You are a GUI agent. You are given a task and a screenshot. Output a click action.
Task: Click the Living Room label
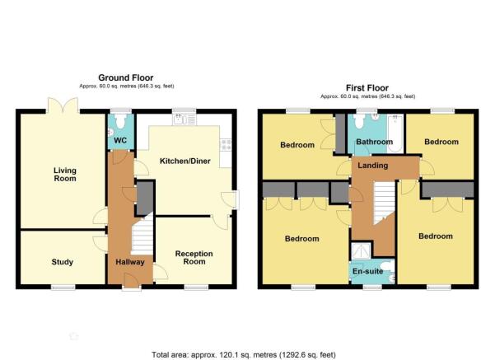coord(65,175)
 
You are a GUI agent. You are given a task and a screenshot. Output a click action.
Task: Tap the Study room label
coord(63,262)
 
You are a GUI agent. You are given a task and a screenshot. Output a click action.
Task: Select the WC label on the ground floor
coord(120,140)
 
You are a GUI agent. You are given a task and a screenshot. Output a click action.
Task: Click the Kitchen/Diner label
coord(185,161)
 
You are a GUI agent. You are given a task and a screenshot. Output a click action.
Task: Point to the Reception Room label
coord(194,258)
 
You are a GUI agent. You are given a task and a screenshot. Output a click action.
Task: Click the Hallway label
coord(130,262)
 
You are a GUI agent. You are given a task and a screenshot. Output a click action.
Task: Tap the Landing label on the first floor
coord(373,166)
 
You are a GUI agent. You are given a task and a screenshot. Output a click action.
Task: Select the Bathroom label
coord(375,142)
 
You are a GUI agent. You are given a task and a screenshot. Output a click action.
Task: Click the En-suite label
coord(368,271)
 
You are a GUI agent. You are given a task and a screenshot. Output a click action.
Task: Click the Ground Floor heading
coord(126,77)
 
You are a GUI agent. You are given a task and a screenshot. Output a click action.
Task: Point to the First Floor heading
coord(367,88)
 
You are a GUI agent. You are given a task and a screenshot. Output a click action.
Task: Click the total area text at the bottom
coord(244,355)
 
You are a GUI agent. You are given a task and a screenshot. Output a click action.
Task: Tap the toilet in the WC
coord(120,121)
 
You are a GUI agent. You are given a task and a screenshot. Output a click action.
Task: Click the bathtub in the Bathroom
coord(395,133)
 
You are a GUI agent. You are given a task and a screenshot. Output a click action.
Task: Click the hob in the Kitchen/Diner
coord(226,145)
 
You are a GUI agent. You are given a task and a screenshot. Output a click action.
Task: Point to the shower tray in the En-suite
coord(361,250)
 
